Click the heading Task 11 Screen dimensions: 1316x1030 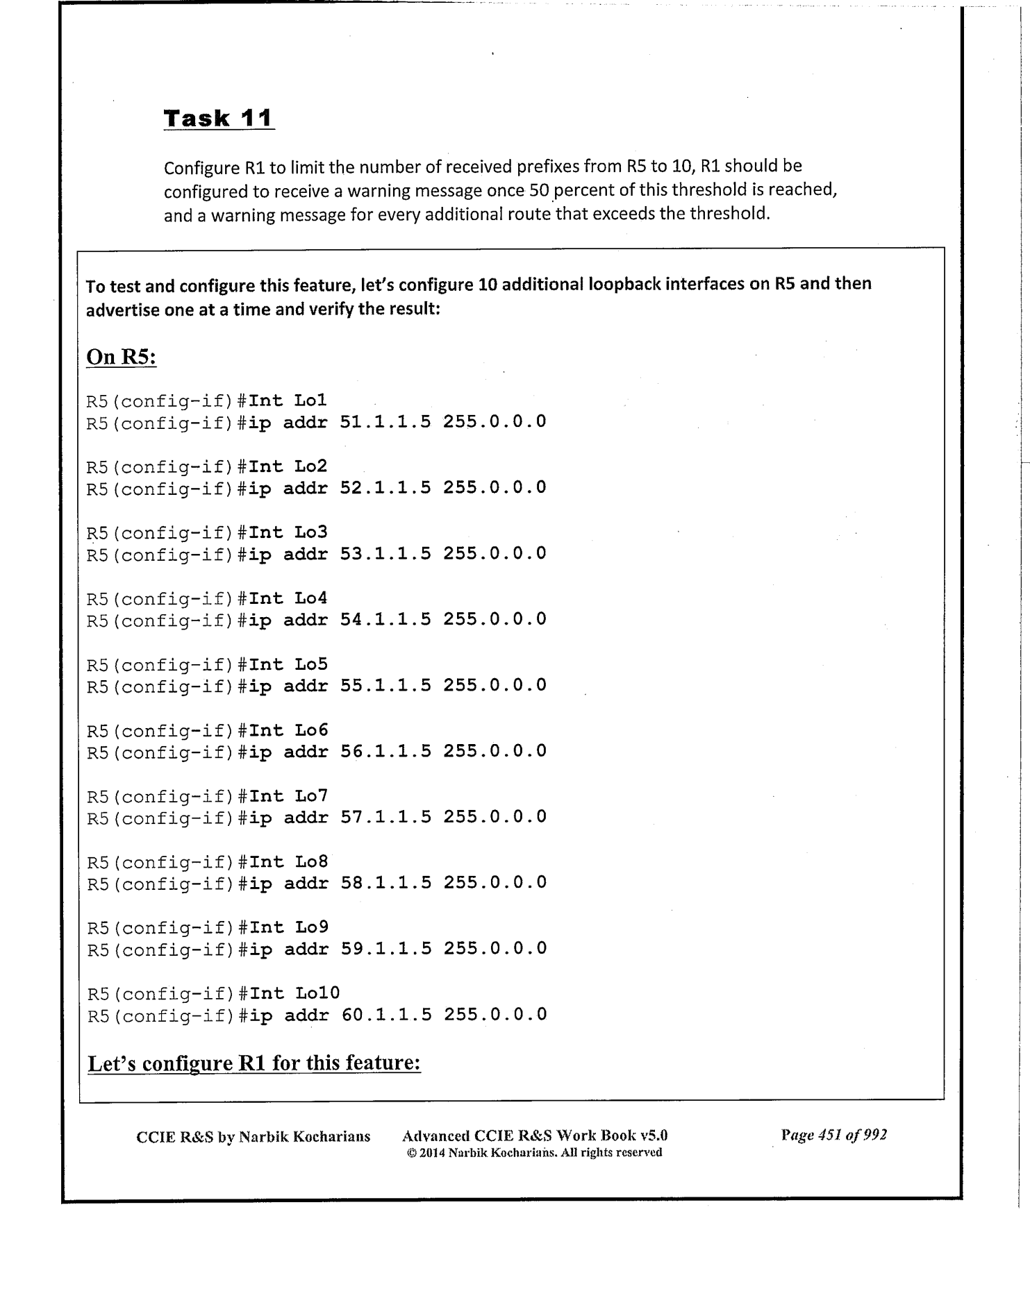(218, 118)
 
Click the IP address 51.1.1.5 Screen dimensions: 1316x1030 (385, 421)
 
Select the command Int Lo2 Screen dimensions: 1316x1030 (288, 466)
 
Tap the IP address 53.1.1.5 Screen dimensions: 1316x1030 (385, 553)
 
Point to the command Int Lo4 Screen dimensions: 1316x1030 (288, 598)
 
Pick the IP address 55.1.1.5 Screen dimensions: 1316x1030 (385, 685)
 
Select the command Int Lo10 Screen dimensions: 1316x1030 (294, 993)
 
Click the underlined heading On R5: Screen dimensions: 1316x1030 (121, 357)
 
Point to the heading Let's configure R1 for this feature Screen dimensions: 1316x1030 (254, 1063)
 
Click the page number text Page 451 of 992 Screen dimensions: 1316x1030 (833, 1135)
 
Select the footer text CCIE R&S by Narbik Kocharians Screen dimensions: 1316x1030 (253, 1136)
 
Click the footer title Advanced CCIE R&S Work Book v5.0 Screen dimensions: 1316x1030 (535, 1136)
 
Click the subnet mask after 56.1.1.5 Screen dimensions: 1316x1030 (495, 751)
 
